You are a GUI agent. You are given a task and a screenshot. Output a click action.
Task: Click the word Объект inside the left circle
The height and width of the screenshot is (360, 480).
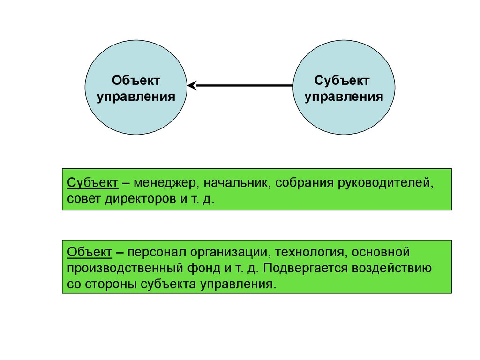pos(136,81)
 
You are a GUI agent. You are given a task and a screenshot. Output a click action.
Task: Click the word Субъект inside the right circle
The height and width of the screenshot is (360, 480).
pos(342,81)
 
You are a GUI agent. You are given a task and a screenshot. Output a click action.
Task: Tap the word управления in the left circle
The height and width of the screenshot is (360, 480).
pos(136,97)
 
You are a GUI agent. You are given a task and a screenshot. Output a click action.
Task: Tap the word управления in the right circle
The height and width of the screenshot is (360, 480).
pos(344,97)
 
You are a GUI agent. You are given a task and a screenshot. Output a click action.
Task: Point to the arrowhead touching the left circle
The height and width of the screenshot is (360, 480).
pos(191,86)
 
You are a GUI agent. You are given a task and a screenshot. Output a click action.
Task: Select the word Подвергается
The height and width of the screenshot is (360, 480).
pos(319,269)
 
